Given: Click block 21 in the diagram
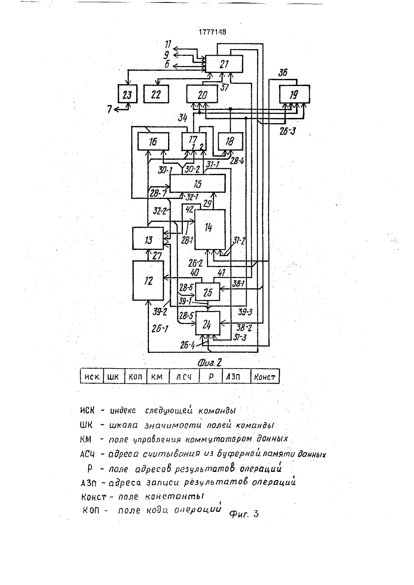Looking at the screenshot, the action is [224, 64].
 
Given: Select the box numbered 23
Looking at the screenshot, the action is [127, 94].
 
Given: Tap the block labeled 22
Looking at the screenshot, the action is [156, 94].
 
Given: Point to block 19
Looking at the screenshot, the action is [294, 94].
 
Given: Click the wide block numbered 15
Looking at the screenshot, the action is [197, 183].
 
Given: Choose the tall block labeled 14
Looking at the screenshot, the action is [210, 229].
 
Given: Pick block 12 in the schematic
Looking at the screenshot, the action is [148, 281].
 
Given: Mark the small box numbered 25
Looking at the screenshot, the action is [208, 292].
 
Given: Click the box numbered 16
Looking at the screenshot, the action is [153, 141].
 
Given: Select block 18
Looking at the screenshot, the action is [230, 141].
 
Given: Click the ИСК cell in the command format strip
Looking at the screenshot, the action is [92, 376].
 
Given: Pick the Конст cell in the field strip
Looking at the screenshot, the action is [265, 376].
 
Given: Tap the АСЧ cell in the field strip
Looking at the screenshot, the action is [184, 376].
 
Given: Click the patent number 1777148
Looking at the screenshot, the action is [212, 32].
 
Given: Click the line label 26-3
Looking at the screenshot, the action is [287, 131].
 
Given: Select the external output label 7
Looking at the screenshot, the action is [110, 109].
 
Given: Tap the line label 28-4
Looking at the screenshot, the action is [237, 161].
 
